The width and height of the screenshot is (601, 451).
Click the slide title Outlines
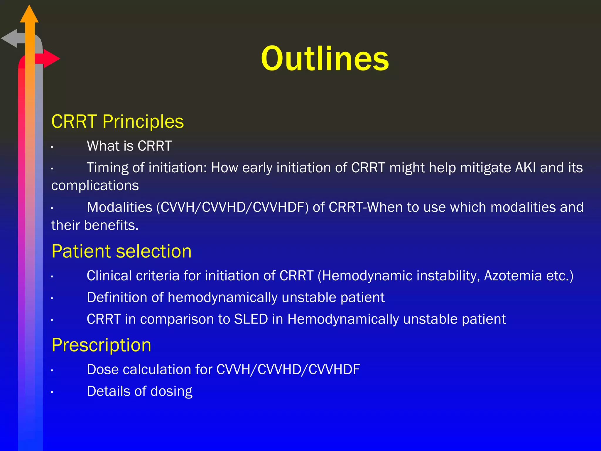(325, 58)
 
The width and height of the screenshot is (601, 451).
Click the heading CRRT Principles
(117, 122)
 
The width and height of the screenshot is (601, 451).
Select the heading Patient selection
(121, 251)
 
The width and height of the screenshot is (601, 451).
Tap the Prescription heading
(101, 345)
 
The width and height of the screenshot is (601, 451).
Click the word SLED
(251, 319)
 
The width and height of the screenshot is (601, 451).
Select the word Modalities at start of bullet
(119, 207)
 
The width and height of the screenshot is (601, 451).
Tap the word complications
(95, 186)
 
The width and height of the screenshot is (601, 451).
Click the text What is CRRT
(129, 146)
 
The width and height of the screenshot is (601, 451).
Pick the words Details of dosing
(139, 391)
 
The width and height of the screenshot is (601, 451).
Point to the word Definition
(117, 297)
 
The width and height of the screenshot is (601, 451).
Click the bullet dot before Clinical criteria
(52, 276)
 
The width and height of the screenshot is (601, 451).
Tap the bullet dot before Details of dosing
(52, 392)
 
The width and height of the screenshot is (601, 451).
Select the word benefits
(111, 225)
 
